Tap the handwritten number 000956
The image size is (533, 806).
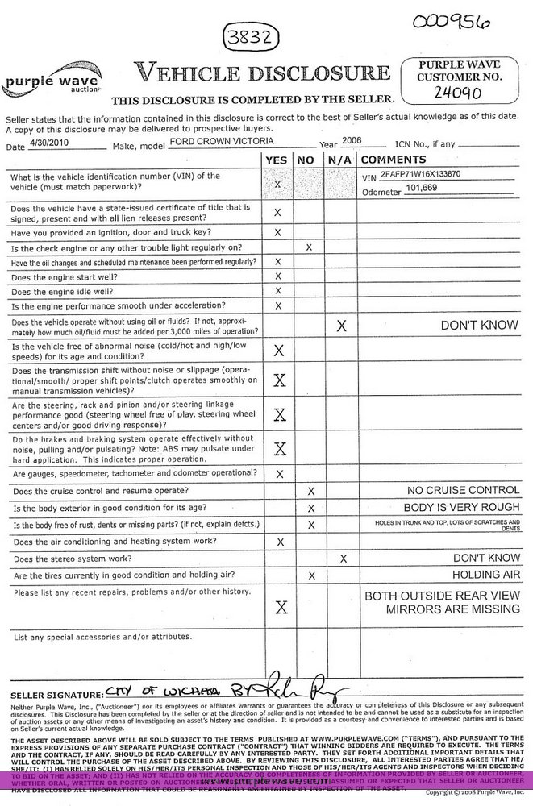click(x=451, y=21)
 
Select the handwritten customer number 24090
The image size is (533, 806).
click(x=458, y=93)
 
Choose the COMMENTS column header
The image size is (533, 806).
click(x=394, y=160)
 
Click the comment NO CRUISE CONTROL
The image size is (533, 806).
click(x=464, y=490)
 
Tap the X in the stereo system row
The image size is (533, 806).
click(x=344, y=558)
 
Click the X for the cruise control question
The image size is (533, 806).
click(x=310, y=491)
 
